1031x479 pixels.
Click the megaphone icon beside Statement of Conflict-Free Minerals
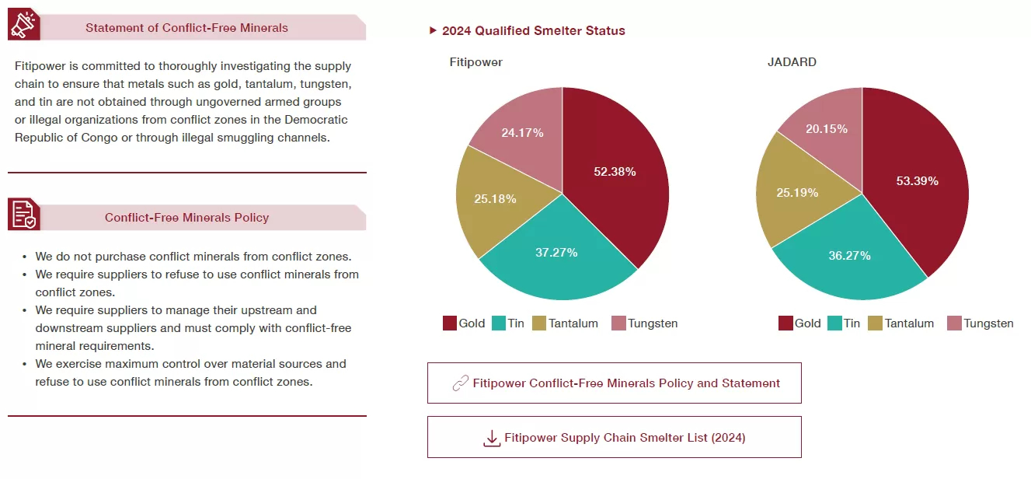(x=23, y=25)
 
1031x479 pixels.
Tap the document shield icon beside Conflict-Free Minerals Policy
(x=23, y=214)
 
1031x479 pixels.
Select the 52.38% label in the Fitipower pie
(x=615, y=172)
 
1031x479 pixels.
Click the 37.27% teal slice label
(x=556, y=252)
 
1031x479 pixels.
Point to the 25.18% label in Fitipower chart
(x=496, y=198)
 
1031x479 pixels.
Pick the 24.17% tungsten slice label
(x=522, y=132)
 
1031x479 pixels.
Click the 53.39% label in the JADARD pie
(x=917, y=181)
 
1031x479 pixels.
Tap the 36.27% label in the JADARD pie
(x=849, y=255)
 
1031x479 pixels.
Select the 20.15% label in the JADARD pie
(x=827, y=128)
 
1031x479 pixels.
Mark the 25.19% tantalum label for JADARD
(x=797, y=192)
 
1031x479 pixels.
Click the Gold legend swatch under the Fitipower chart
(x=450, y=323)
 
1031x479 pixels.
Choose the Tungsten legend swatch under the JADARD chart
(x=954, y=323)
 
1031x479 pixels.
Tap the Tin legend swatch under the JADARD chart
(x=835, y=323)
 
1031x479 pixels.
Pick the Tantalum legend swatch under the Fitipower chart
(x=539, y=323)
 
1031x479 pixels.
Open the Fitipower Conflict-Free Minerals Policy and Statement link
(x=626, y=383)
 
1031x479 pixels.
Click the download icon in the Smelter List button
(x=492, y=438)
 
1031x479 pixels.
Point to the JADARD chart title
(x=792, y=62)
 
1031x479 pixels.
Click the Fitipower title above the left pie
(x=475, y=62)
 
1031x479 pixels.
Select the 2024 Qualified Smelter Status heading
(x=533, y=31)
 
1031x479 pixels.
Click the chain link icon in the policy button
(x=460, y=383)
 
